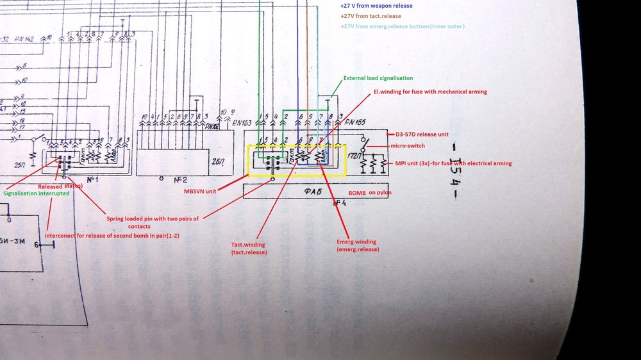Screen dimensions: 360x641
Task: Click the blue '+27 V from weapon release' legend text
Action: pyautogui.click(x=376, y=6)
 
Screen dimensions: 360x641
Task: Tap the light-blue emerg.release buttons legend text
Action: pyautogui.click(x=402, y=26)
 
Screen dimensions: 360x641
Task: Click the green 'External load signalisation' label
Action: pyautogui.click(x=378, y=78)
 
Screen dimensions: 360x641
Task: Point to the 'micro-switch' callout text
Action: pyautogui.click(x=407, y=145)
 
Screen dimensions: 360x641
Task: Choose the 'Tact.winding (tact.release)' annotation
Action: pyautogui.click(x=249, y=248)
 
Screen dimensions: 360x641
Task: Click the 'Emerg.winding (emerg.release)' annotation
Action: pyautogui.click(x=356, y=245)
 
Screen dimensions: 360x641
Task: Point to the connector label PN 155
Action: pyautogui.click(x=354, y=122)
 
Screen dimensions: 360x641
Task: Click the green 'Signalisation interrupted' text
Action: pyautogui.click(x=36, y=193)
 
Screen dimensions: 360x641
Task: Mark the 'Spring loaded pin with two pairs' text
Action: pyautogui.click(x=153, y=218)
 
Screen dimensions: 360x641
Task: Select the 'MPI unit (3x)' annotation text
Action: pyautogui.click(x=453, y=163)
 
